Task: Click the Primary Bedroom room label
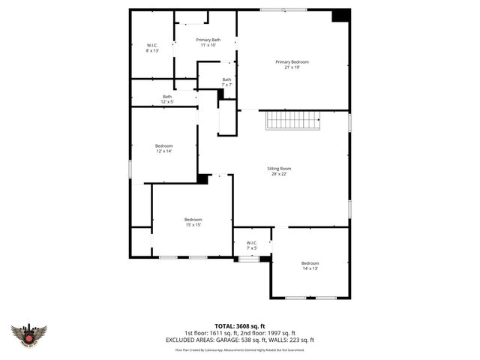click(292, 61)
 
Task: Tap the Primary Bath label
click(208, 40)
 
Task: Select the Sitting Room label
click(280, 169)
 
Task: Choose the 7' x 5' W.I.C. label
click(251, 243)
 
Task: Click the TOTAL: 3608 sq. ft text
click(239, 325)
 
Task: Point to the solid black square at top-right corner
click(340, 16)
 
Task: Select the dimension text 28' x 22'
click(280, 174)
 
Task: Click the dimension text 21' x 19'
click(292, 67)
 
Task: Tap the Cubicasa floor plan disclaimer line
click(239, 349)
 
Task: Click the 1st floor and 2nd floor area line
click(239, 332)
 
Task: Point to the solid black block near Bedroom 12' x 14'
click(202, 178)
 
